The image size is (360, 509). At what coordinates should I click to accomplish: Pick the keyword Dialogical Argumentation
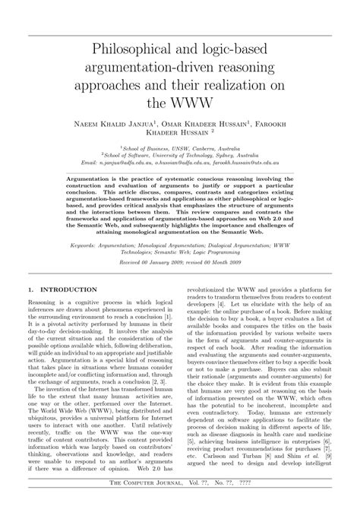pos(255,246)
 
